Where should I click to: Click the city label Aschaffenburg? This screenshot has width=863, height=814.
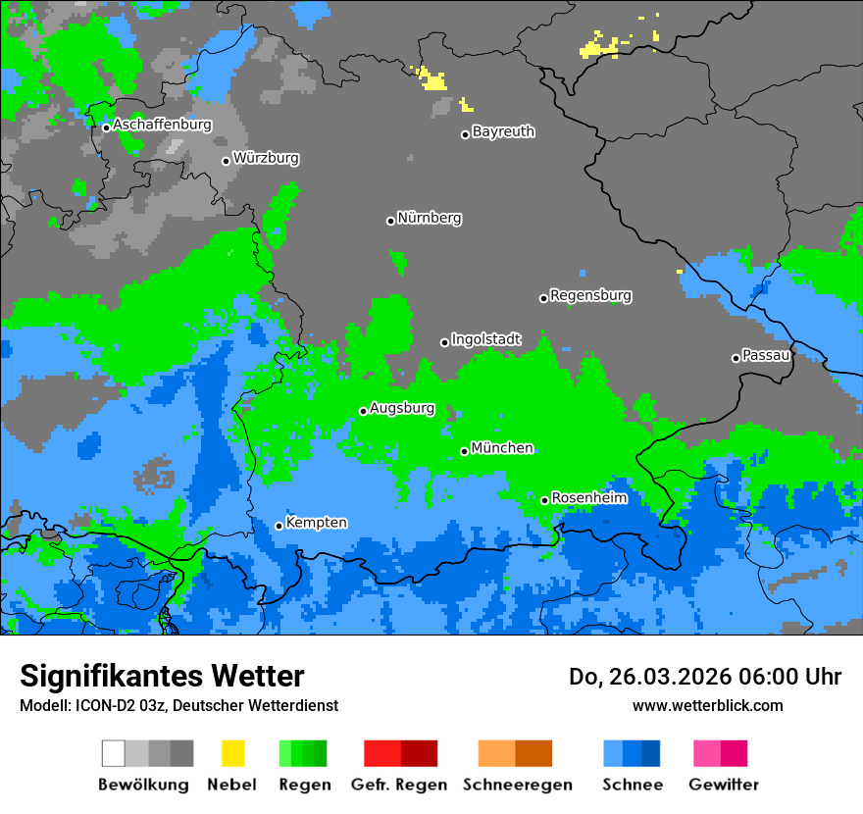click(162, 125)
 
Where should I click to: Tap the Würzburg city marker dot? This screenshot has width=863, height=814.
click(226, 161)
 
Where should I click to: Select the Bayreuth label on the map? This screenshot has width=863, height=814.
click(503, 131)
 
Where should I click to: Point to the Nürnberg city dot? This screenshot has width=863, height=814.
click(390, 221)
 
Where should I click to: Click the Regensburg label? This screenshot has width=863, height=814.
click(590, 295)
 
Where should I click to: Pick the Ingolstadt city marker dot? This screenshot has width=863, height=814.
click(444, 342)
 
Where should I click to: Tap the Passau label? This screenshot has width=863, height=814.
click(766, 355)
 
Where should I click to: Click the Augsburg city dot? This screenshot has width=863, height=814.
click(363, 411)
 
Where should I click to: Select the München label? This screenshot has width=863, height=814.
click(502, 448)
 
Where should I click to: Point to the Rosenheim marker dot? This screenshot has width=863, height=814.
click(544, 500)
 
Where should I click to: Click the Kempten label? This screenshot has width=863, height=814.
click(316, 523)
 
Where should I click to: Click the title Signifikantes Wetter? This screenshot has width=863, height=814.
click(162, 676)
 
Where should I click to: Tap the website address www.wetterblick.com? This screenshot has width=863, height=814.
click(707, 705)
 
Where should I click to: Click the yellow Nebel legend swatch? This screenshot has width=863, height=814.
click(232, 753)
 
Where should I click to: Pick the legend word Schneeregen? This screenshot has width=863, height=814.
click(517, 785)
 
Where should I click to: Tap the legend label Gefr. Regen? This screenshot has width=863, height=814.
click(399, 785)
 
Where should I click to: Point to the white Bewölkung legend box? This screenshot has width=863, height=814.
click(113, 753)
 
